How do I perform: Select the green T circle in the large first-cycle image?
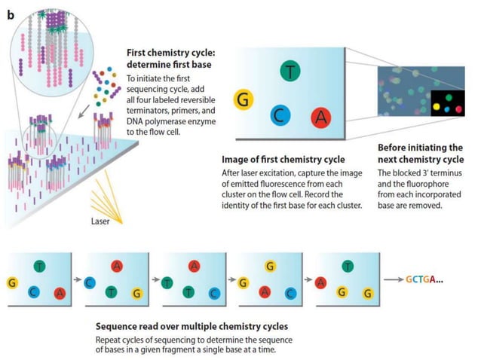(x=289, y=72)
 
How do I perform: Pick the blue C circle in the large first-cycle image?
(x=280, y=115)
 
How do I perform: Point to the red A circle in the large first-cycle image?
(x=321, y=117)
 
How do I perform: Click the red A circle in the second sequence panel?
(x=117, y=265)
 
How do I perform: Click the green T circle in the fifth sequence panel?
(x=348, y=264)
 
